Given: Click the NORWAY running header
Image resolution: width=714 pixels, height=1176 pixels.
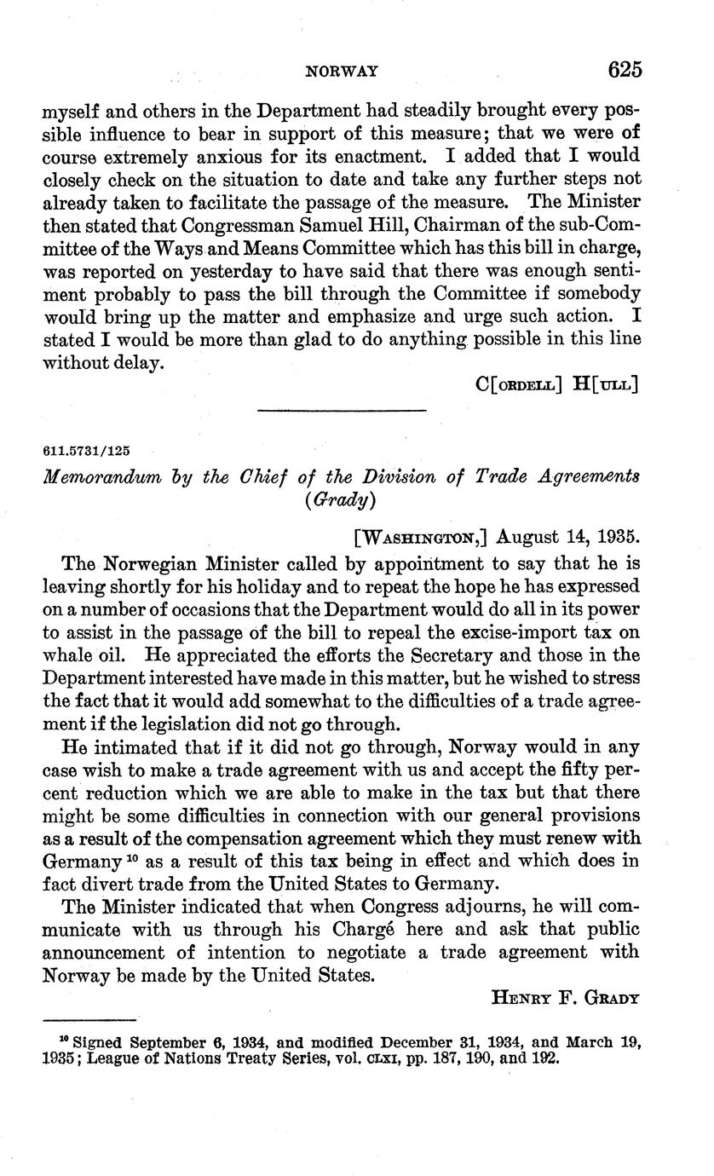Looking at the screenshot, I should pyautogui.click(x=342, y=72).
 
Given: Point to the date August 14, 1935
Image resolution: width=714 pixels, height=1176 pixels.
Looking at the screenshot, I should pyautogui.click(x=567, y=537).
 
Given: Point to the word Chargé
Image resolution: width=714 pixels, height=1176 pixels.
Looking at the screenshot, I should pyautogui.click(x=408, y=929).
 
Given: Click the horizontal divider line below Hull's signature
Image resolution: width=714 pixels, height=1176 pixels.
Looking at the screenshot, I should pyautogui.click(x=341, y=412).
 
